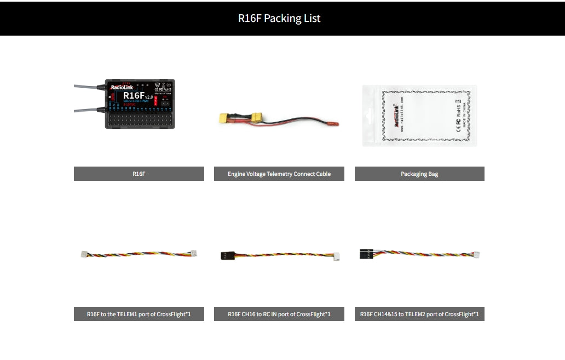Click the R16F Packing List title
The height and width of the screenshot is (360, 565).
(x=279, y=18)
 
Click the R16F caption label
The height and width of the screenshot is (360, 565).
(x=139, y=174)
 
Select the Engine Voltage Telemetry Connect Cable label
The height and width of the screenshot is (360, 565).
(x=279, y=174)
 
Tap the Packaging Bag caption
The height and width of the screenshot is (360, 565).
(x=419, y=174)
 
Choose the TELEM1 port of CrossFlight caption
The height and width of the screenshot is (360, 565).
(x=139, y=314)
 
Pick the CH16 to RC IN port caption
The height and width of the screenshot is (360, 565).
(x=279, y=314)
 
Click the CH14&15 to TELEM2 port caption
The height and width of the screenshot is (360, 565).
(x=419, y=314)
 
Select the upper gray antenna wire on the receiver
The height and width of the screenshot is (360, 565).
(x=85, y=86)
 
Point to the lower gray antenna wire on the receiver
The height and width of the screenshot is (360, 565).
(x=85, y=110)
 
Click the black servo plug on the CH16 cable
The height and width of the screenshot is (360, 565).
(x=228, y=255)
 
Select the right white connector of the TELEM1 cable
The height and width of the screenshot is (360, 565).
(x=193, y=254)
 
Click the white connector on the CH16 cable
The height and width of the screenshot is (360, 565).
(x=335, y=256)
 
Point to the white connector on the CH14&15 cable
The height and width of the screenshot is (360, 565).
(x=476, y=255)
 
